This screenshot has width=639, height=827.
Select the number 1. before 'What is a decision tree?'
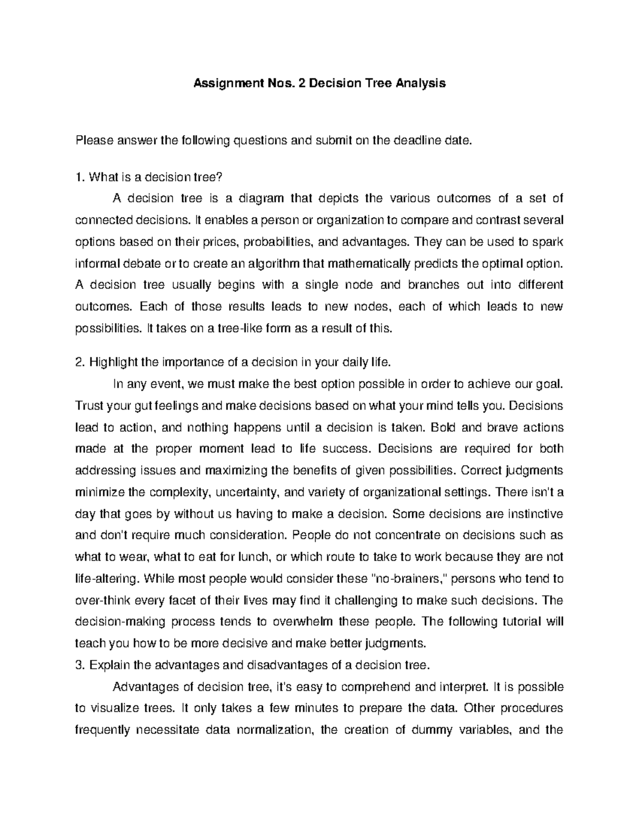coord(80,177)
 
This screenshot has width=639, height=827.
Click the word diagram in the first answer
coord(261,199)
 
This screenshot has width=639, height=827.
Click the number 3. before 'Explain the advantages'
coord(80,665)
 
